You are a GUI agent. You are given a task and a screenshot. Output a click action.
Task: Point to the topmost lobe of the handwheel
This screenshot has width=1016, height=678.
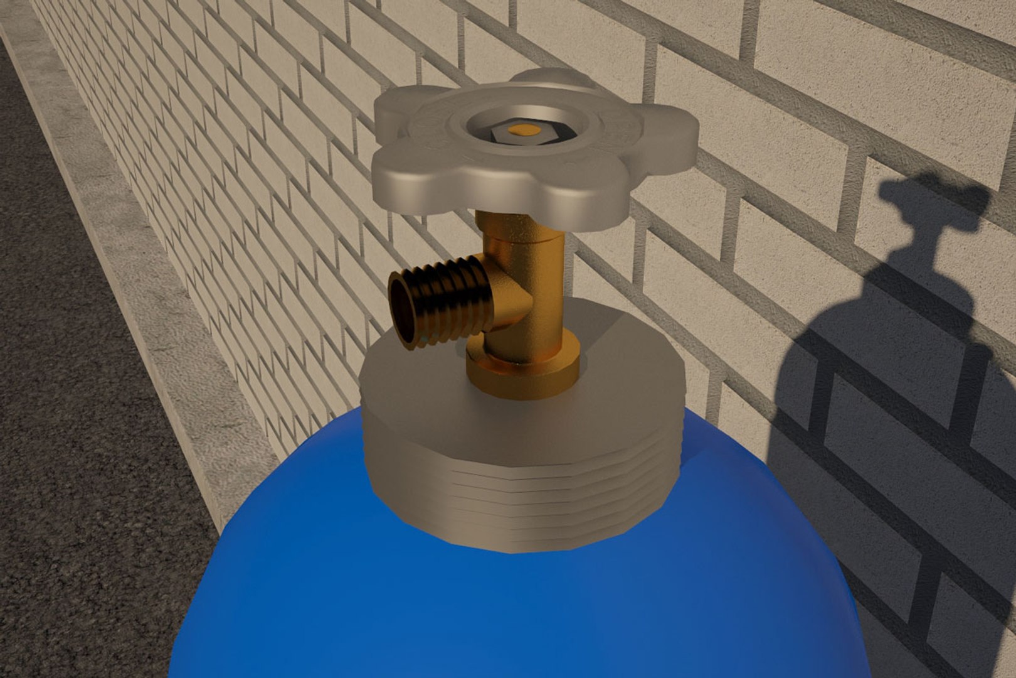[x=552, y=80]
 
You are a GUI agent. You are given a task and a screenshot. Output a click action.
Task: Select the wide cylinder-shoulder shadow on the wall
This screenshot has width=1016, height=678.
[x=878, y=439]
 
